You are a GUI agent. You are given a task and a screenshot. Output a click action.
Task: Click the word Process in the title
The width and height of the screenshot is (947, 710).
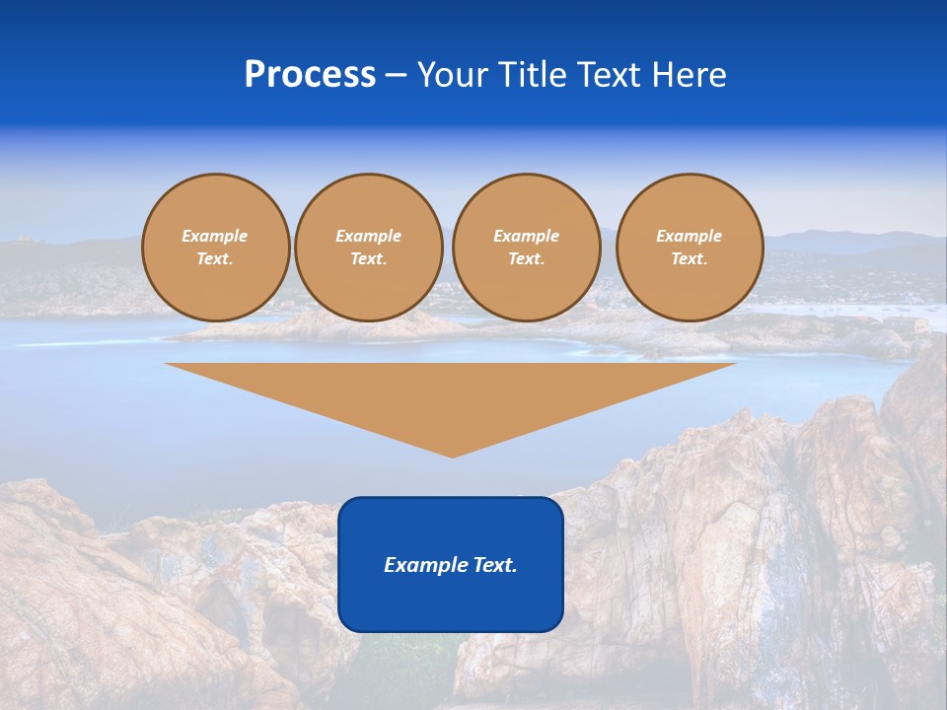pos(310,75)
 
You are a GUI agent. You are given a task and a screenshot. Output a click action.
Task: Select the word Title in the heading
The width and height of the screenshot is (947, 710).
pos(537,75)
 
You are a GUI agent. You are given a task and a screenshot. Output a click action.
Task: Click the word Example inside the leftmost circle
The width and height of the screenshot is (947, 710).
pos(215,236)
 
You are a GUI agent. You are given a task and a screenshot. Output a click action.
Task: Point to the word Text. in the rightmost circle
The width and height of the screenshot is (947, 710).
pos(690,258)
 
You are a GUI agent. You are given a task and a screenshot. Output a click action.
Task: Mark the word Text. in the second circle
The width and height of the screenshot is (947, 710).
pos(368,258)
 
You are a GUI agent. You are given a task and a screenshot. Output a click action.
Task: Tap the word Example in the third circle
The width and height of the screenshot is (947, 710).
pos(526,236)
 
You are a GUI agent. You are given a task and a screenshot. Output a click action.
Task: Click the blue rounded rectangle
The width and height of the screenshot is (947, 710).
pos(451,602)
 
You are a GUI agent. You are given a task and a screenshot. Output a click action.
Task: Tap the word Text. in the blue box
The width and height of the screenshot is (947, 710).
pos(493,565)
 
